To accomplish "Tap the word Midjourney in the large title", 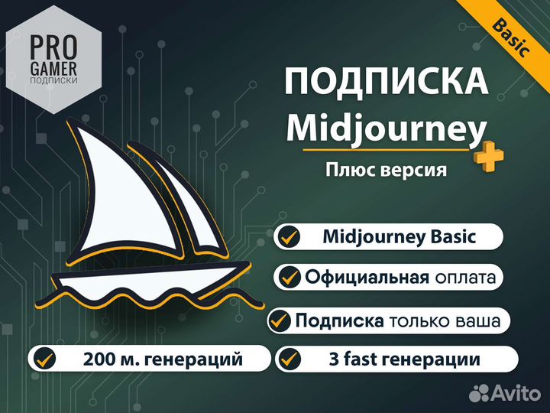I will [x=386, y=127].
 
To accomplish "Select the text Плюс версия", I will [x=386, y=169].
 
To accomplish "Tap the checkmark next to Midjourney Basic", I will [x=288, y=236].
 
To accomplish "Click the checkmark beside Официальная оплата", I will [x=288, y=277].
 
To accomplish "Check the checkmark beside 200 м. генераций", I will [x=45, y=357].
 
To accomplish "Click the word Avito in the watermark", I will [x=518, y=393].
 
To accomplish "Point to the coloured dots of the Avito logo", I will [x=480, y=393].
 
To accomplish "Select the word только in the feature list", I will [x=420, y=321].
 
